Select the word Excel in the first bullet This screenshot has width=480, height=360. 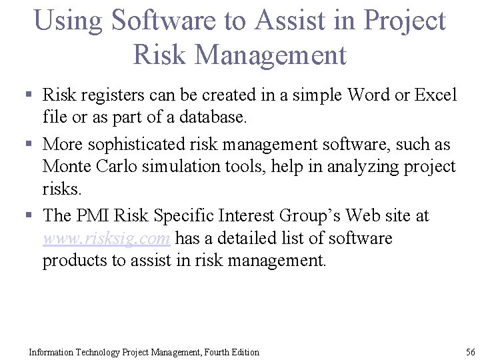(x=436, y=95)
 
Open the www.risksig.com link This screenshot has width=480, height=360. (x=107, y=239)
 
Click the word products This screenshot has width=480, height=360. (x=75, y=261)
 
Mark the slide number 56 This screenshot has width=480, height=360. (x=470, y=352)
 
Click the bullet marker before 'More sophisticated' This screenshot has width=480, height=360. (x=30, y=145)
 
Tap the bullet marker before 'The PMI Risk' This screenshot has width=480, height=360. (x=30, y=216)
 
